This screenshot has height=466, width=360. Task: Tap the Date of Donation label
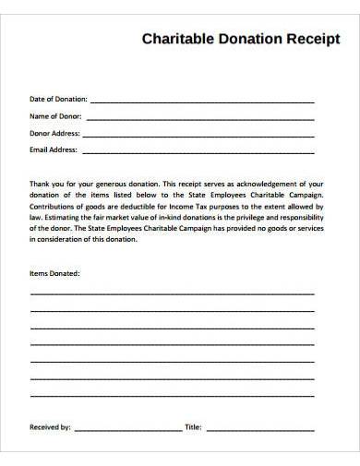point(58,100)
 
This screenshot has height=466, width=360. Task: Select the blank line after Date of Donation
point(201,102)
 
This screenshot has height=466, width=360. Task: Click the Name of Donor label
point(56,116)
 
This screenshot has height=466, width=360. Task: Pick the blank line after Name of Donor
point(199,118)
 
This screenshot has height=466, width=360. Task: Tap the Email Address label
point(54,148)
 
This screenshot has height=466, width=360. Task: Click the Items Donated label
point(54,274)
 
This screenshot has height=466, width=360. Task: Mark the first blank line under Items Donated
point(173,293)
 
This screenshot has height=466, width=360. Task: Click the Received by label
point(51,427)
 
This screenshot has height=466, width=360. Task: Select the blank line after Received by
point(127,430)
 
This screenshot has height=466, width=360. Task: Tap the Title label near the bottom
point(193,427)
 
